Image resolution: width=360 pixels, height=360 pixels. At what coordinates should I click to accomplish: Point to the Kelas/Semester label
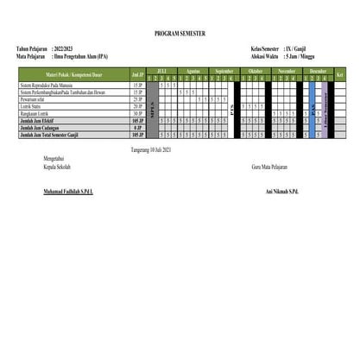(x=264, y=48)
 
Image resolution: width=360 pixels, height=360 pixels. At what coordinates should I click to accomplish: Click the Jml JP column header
(x=137, y=75)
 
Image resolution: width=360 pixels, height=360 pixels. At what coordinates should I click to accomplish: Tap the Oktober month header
(x=256, y=71)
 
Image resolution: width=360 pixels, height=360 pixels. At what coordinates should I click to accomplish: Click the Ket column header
(x=339, y=75)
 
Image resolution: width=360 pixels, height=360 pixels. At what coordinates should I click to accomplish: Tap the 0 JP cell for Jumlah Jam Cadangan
(x=137, y=128)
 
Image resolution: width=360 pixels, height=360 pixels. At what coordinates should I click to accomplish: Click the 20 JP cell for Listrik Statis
(x=137, y=106)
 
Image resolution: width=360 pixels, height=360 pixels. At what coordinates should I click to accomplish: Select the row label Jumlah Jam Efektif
(x=38, y=121)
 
